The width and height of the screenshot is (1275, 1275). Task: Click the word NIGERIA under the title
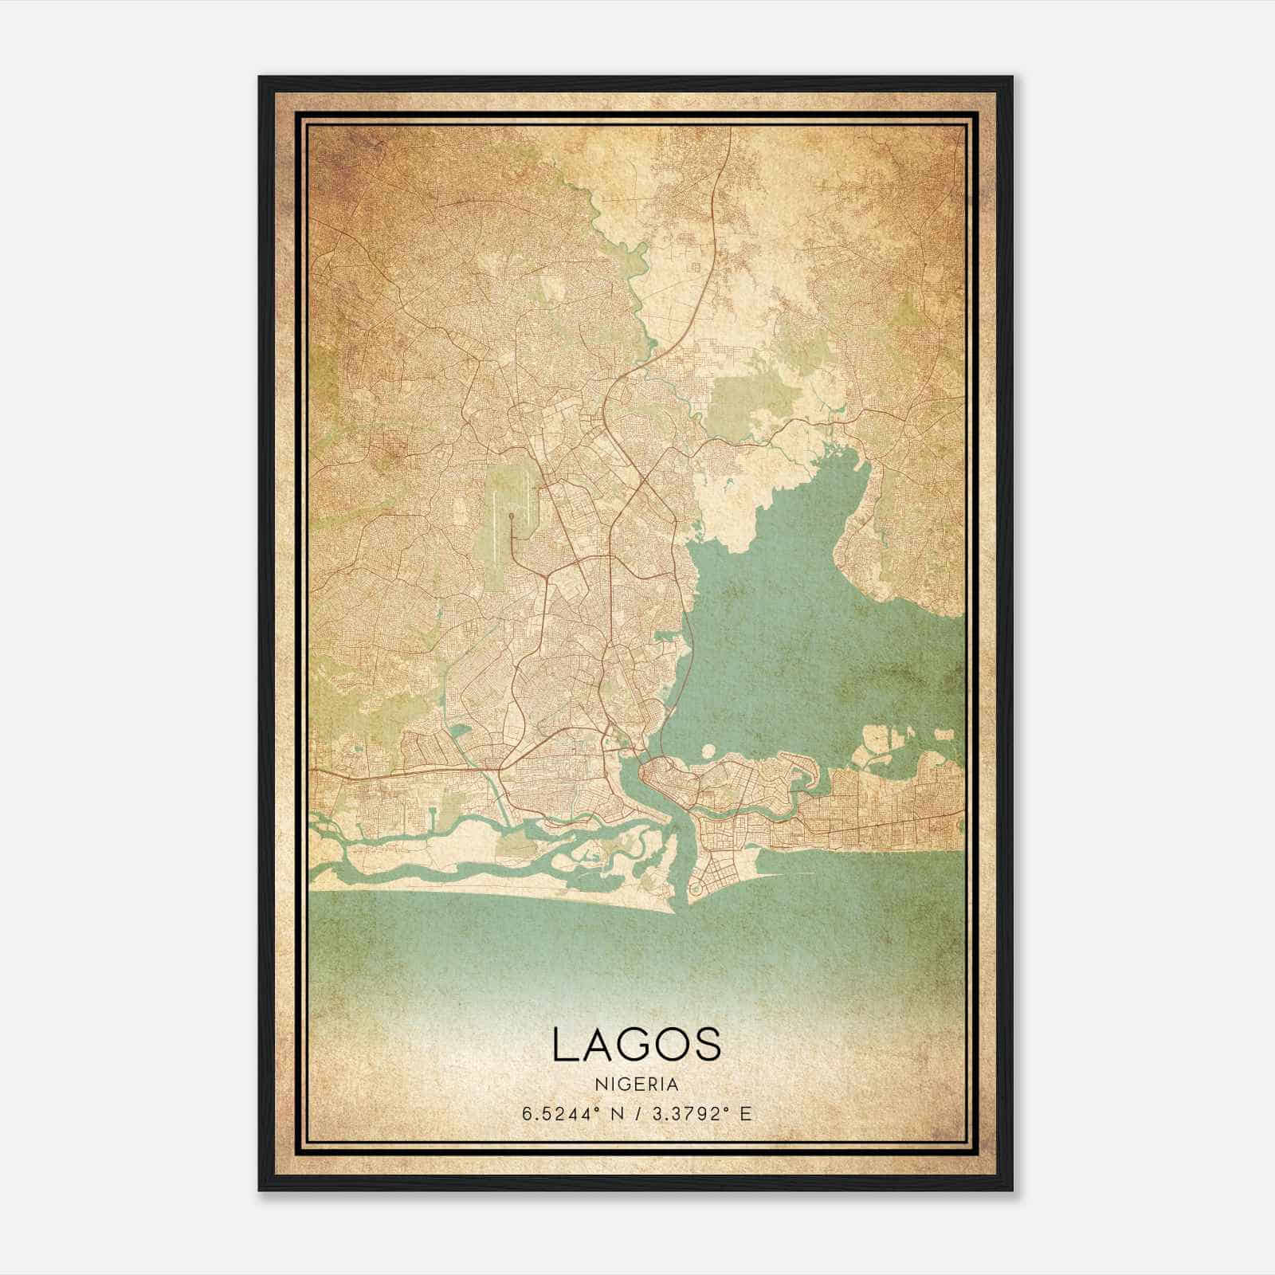pyautogui.click(x=637, y=1085)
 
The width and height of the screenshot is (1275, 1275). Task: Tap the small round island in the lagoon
pyautogui.click(x=707, y=750)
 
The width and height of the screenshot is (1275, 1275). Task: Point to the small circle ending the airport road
pyautogui.click(x=511, y=516)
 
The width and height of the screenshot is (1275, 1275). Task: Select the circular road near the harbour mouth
pyautogui.click(x=696, y=887)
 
